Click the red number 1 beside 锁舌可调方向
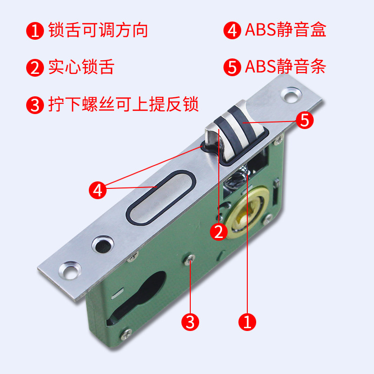coord(34,30)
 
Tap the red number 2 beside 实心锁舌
coord(34,68)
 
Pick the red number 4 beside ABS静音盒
coord(232,30)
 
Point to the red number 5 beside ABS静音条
coord(232,68)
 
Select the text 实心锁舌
coord(81,67)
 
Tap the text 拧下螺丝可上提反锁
coord(123,104)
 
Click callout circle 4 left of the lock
coord(97,190)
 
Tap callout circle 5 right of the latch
coord(304,120)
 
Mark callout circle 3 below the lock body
coord(190,321)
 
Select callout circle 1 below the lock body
coord(247,321)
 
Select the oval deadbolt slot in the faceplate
coord(159,199)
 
